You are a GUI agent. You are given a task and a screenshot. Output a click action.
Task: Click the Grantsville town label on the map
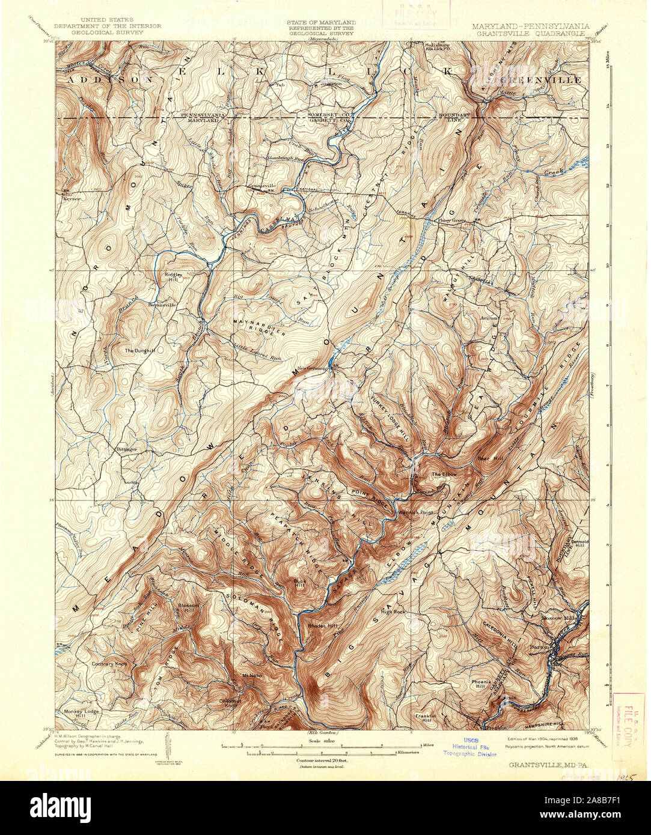click(261, 186)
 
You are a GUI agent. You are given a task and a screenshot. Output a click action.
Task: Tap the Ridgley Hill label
click(173, 277)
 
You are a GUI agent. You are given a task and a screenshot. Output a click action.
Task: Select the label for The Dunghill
click(140, 350)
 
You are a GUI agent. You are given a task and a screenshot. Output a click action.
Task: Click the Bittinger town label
click(127, 449)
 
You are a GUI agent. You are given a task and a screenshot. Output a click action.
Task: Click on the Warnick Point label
click(415, 512)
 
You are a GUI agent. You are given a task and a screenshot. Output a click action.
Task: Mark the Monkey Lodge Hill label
click(81, 714)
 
